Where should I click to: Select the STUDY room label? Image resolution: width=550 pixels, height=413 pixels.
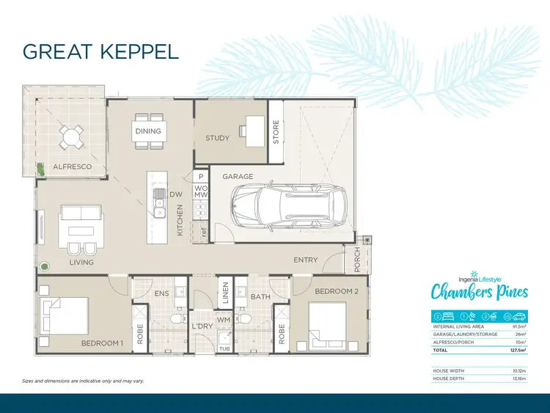(217, 138)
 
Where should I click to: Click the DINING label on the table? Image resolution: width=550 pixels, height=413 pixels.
(147, 131)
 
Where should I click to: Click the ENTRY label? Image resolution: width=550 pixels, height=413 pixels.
(305, 260)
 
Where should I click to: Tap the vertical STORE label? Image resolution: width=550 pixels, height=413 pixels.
(276, 132)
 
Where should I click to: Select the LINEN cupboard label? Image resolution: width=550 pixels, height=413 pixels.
(226, 293)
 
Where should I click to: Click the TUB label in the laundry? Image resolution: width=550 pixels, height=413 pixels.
(226, 348)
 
